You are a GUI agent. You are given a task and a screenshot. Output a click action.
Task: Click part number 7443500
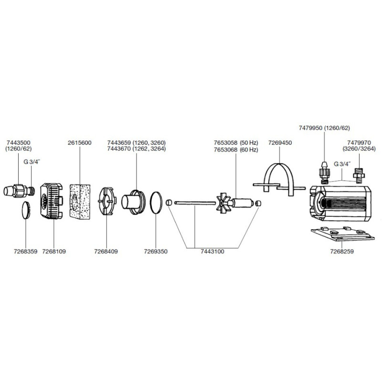[19, 142]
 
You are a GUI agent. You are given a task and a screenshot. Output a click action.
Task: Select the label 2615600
[80, 142]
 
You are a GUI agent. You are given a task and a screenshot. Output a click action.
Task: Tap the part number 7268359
[26, 252]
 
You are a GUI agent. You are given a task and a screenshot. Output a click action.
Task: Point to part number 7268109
[54, 252]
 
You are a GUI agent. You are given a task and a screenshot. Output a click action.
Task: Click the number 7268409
[106, 252]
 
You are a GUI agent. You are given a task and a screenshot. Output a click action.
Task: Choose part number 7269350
[156, 252]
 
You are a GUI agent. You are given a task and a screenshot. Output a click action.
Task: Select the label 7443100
[212, 252]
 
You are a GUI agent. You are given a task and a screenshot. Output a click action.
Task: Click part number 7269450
[280, 142]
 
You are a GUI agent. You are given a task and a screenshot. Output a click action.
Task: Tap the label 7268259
[342, 252]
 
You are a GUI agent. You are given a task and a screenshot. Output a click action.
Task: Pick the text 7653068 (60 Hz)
[236, 149]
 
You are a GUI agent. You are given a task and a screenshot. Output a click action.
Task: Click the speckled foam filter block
[80, 202]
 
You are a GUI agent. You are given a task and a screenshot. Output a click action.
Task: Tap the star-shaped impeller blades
[223, 203]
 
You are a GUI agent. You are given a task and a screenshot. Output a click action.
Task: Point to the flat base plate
[343, 234]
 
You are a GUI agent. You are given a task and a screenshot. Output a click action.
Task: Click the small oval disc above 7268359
[26, 210]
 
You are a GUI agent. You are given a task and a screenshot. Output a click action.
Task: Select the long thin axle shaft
[195, 202]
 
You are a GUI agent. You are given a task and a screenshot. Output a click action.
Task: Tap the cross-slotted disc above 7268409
[107, 201]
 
